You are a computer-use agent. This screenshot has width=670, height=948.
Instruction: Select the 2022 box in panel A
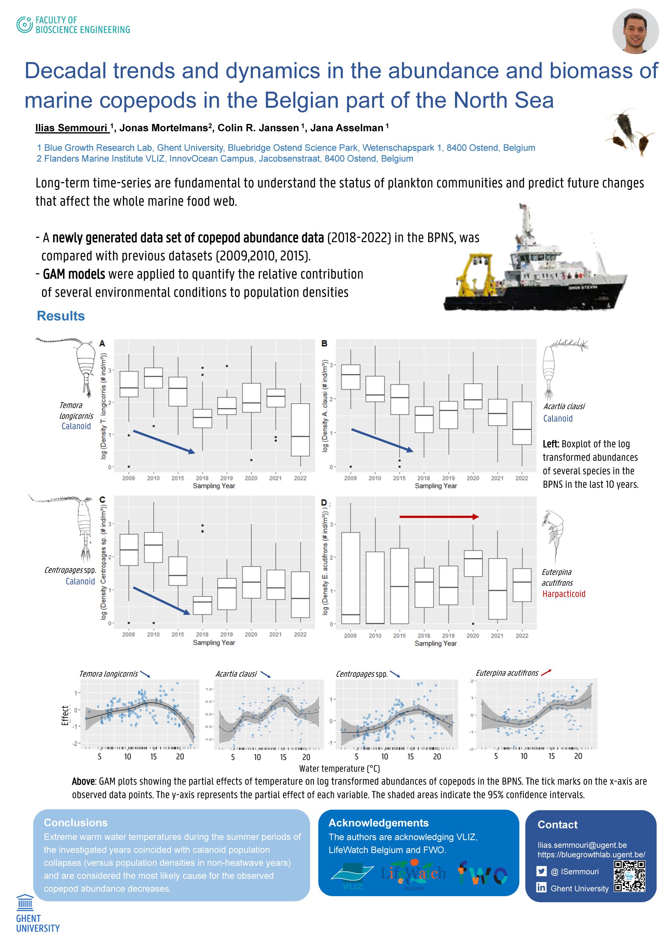(300, 429)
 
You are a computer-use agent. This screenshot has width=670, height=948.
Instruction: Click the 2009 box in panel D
(350, 578)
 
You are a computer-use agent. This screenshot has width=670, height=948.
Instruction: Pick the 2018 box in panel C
(202, 605)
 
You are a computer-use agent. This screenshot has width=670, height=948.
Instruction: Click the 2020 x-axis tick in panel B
(473, 478)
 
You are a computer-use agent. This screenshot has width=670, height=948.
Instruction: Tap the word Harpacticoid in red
(564, 594)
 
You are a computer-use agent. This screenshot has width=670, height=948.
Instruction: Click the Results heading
(61, 316)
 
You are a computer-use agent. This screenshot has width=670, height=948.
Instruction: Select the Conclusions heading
(75, 823)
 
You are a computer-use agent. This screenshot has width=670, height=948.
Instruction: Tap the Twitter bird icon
(542, 871)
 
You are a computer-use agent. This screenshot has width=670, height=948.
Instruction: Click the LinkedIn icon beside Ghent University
(542, 888)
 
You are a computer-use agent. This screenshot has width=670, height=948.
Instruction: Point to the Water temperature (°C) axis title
(339, 769)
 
